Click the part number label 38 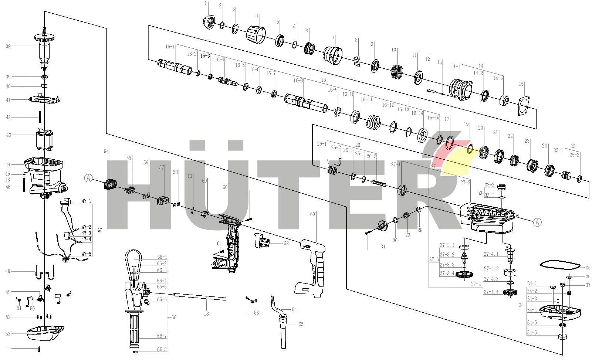click(x=8, y=46)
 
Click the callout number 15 click(x=521, y=84)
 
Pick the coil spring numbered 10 click(x=397, y=71)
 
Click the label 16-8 click(x=298, y=81)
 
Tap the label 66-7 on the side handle click(x=162, y=336)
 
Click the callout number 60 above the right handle click(x=312, y=214)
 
